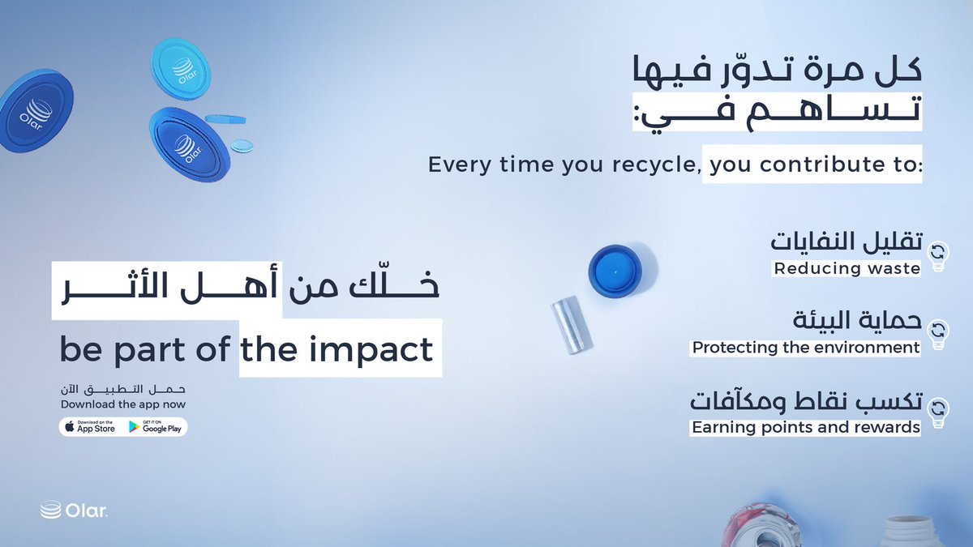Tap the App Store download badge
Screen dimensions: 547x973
click(90, 427)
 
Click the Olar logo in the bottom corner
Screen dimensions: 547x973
click(74, 511)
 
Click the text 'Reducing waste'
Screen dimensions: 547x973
click(847, 268)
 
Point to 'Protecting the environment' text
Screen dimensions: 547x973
click(805, 348)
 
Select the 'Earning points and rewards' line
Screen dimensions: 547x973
click(805, 427)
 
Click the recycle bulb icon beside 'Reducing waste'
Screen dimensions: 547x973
click(938, 254)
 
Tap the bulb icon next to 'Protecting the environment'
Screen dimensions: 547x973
click(938, 333)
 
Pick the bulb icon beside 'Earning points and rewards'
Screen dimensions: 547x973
click(938, 412)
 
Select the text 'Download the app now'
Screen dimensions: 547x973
click(123, 404)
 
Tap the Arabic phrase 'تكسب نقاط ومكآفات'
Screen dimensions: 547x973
click(806, 400)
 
